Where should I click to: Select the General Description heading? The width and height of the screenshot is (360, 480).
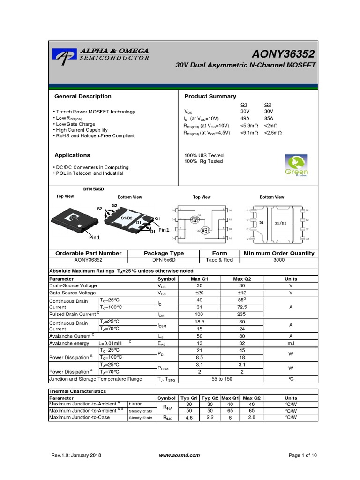click(x=83, y=96)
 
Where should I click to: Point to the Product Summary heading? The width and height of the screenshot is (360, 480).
click(x=210, y=96)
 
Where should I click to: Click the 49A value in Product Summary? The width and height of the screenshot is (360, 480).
click(x=246, y=119)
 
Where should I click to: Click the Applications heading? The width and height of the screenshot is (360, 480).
click(x=72, y=155)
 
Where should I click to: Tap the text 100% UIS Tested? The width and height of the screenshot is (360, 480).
click(x=204, y=155)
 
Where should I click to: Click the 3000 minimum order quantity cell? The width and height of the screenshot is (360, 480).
click(x=279, y=259)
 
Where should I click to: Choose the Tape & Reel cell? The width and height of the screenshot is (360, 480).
click(x=220, y=259)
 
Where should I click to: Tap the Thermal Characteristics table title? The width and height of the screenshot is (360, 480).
click(x=78, y=391)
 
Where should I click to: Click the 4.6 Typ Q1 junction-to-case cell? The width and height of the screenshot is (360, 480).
click(x=189, y=417)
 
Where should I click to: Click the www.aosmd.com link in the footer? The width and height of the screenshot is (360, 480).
click(x=180, y=455)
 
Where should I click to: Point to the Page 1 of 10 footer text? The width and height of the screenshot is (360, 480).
click(x=303, y=455)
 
